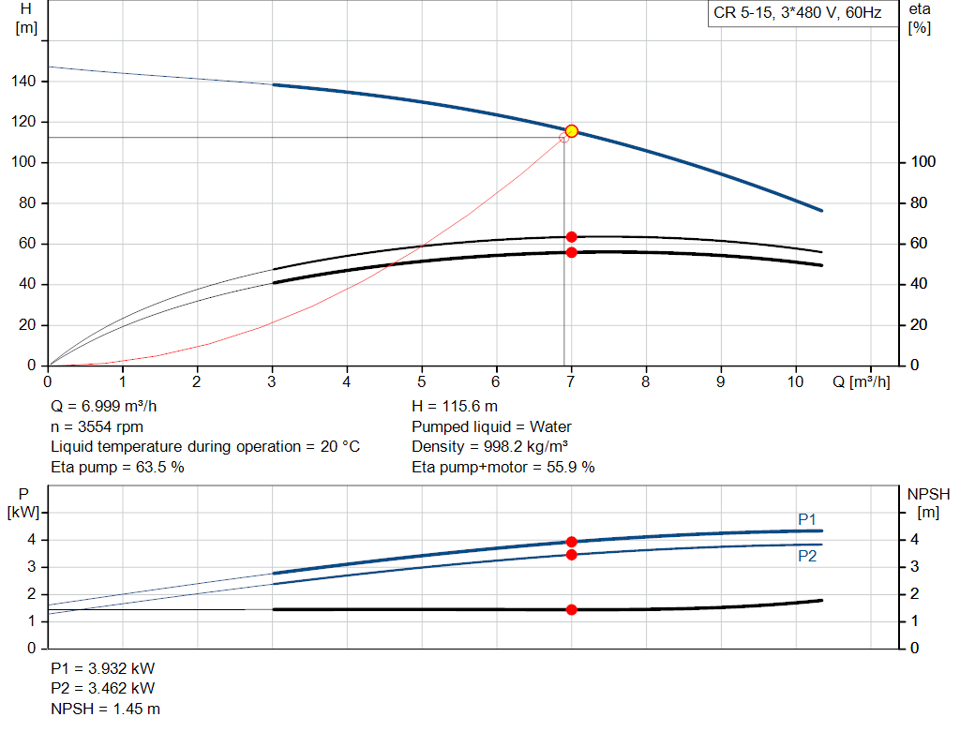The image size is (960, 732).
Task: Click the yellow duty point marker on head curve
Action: pos(571,131)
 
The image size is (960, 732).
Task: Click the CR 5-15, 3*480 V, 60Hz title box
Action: pos(797,14)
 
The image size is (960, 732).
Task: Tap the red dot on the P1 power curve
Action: pos(571,542)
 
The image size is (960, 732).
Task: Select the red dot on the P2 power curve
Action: pos(571,555)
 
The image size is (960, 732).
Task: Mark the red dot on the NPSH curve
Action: pos(571,609)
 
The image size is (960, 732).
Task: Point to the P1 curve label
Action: pos(807,519)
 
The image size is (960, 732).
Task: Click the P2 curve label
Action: pos(807,556)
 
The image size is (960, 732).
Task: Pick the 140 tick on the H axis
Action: pos(25,82)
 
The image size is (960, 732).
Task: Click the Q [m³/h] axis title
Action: pos(861,382)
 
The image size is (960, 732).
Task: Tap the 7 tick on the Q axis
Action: pos(571,382)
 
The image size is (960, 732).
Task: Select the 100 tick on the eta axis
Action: pos(923,163)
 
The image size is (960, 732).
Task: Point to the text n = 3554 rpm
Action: pos(98,426)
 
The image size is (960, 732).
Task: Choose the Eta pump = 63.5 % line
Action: pos(117,467)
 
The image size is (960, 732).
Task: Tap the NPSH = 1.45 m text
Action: pos(98,710)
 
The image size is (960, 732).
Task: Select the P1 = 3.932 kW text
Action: pos(103,670)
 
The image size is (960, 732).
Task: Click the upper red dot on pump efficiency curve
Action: pos(571,237)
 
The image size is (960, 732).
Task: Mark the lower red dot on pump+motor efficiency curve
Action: pos(571,252)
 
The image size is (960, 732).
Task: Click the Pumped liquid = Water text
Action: pos(491,426)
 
